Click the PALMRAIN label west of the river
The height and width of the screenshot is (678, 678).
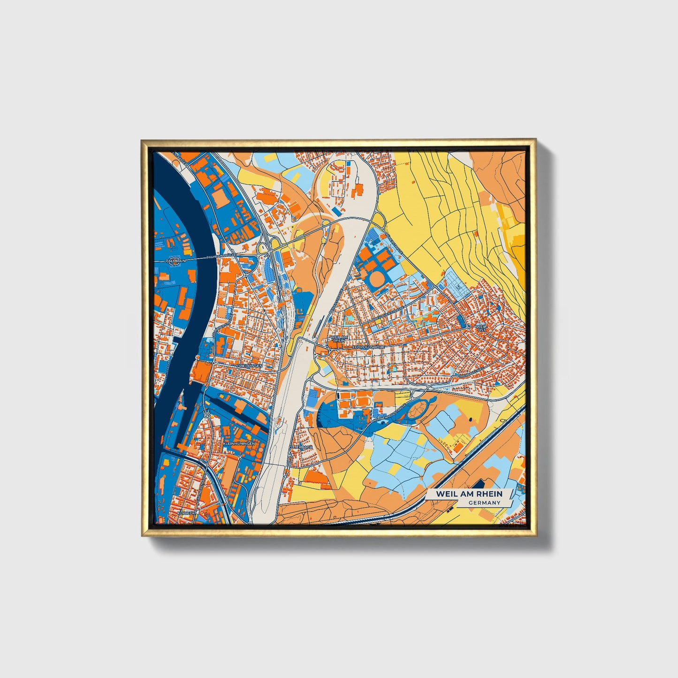coord(176,259)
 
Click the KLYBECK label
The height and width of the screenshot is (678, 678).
coord(186,513)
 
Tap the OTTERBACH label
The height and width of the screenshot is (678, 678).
coord(302,447)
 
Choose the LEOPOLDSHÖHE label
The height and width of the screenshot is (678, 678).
coord(368,347)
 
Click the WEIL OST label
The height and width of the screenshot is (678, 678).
coord(481,328)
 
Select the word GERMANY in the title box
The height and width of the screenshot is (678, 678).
coord(484,503)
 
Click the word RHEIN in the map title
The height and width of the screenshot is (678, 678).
coord(488,494)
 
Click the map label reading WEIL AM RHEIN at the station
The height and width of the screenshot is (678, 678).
coord(339,339)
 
